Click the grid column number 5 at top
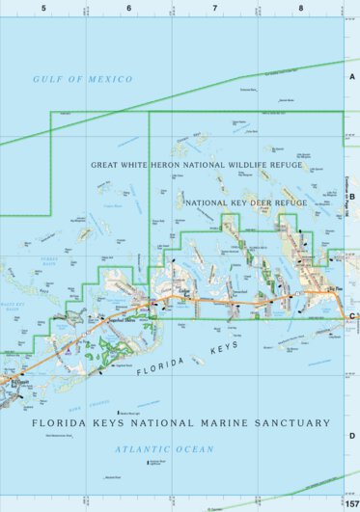pos(43,8)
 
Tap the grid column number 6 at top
pos(129,8)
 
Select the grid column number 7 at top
pos(215,8)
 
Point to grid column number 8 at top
pos(301,8)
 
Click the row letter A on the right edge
pos(352,76)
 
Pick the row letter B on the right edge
pos(352,197)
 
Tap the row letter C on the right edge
pos(352,316)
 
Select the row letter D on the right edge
pos(352,436)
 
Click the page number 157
pos(351,504)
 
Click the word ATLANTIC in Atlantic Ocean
pos(138,449)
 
